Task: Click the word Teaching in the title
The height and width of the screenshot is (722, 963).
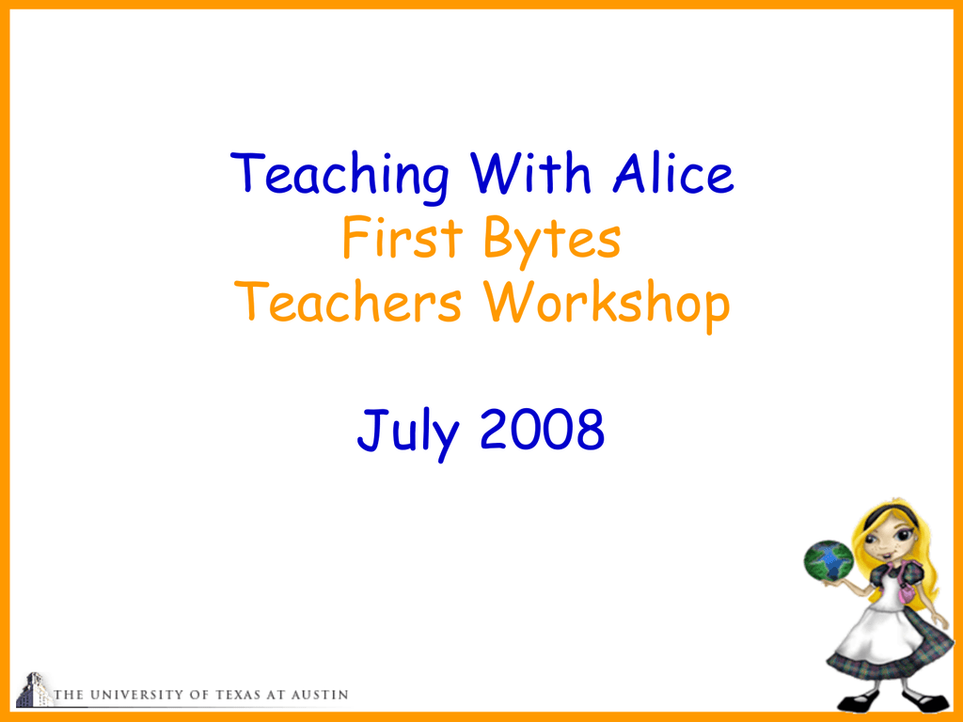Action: pyautogui.click(x=339, y=176)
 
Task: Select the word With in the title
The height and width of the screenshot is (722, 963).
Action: pyautogui.click(x=530, y=173)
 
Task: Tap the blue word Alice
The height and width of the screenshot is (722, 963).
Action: pyautogui.click(x=673, y=173)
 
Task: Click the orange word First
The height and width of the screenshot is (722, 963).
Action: pyautogui.click(x=403, y=237)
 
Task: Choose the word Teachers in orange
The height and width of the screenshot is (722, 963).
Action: pyautogui.click(x=348, y=302)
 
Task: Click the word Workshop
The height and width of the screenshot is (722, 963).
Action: pyautogui.click(x=607, y=306)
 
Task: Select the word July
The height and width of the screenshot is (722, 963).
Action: pyautogui.click(x=408, y=432)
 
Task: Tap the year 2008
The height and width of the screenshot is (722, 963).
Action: pyautogui.click(x=542, y=429)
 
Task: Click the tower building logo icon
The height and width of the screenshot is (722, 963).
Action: pyautogui.click(x=33, y=690)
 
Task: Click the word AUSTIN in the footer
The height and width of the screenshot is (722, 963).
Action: pyautogui.click(x=320, y=695)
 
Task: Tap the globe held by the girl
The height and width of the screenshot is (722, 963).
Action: pyautogui.click(x=829, y=560)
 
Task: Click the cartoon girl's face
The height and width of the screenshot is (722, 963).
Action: pyautogui.click(x=889, y=541)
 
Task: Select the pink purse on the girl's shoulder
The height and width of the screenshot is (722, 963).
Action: pyautogui.click(x=908, y=593)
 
